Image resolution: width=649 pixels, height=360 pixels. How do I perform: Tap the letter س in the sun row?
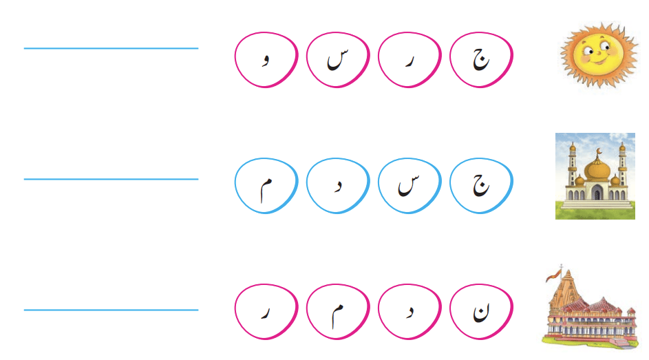coord(338,60)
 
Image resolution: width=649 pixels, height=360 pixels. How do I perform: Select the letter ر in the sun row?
coord(409,61)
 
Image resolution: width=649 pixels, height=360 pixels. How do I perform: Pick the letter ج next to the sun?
coord(481,59)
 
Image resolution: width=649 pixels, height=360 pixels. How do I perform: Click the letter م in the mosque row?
coord(266,189)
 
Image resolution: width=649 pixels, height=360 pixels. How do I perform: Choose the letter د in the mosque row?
coord(338,187)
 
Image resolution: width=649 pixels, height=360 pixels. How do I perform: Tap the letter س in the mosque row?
coord(409,185)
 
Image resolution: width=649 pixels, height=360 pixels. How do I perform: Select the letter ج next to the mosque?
coord(481,185)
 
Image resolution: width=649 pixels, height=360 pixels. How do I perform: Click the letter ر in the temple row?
coord(266,313)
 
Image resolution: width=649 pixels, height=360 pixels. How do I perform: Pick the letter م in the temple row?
coord(337,316)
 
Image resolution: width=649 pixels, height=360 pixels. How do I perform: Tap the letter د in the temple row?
coord(409,312)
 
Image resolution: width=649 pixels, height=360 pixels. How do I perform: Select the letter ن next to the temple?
coord(481,313)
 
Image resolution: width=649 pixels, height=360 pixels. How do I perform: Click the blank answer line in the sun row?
coord(111,48)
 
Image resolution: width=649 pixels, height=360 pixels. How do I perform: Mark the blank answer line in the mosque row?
coord(111,179)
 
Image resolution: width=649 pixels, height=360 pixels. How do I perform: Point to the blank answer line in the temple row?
coord(111,310)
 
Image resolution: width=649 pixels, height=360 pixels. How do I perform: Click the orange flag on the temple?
coord(554,275)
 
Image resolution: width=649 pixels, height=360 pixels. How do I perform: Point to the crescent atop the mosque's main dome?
coord(597,151)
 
